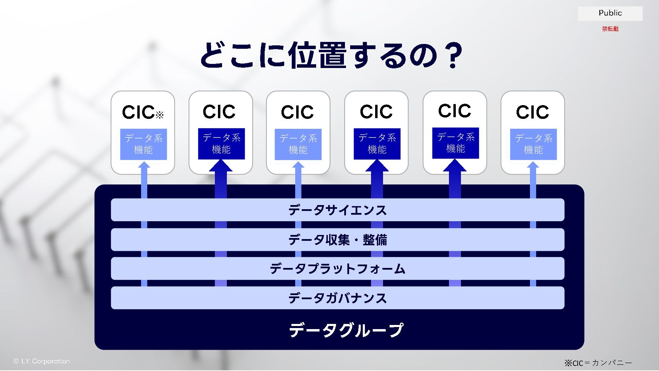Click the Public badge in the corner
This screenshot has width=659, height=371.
610,13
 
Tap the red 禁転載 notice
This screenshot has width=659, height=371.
610,29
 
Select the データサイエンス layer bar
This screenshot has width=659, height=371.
337,210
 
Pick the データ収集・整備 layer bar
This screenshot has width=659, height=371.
337,239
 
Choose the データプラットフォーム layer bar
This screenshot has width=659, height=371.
337,268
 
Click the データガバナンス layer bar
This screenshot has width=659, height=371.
337,298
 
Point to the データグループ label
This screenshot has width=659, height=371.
346,330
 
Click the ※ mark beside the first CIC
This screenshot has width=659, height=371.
160,115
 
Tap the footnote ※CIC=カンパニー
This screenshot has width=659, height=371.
598,363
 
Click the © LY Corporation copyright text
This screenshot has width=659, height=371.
42,361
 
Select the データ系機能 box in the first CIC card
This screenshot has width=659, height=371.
143,144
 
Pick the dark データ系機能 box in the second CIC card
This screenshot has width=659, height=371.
221,144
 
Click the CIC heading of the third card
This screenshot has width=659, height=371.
297,112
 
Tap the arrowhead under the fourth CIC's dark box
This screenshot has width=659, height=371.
377,166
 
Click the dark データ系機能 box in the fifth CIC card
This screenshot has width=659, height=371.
455,143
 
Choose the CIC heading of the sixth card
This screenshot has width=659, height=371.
532,112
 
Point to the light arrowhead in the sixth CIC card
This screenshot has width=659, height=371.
533,165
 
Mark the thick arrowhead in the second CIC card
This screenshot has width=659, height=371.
221,166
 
